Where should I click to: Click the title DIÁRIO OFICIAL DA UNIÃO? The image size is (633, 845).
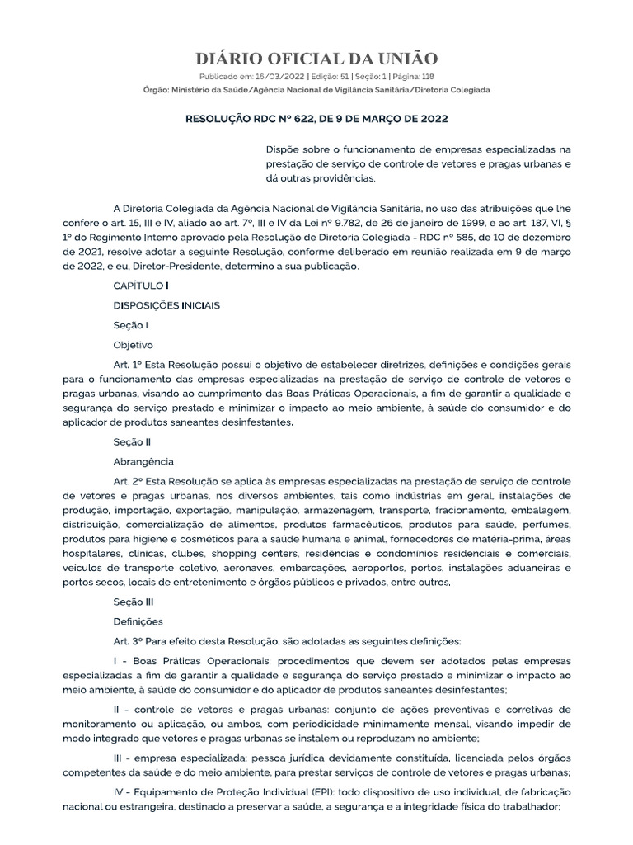pyautogui.click(x=316, y=58)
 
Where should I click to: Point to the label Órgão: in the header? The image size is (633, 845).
pyautogui.click(x=157, y=89)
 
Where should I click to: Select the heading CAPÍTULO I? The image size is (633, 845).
pyautogui.click(x=141, y=285)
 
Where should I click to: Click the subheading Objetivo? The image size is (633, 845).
pyautogui.click(x=133, y=345)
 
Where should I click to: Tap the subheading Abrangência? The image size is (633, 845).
pyautogui.click(x=143, y=461)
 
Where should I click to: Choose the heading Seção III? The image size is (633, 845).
pyautogui.click(x=134, y=602)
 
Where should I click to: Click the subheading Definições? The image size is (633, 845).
pyautogui.click(x=138, y=621)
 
